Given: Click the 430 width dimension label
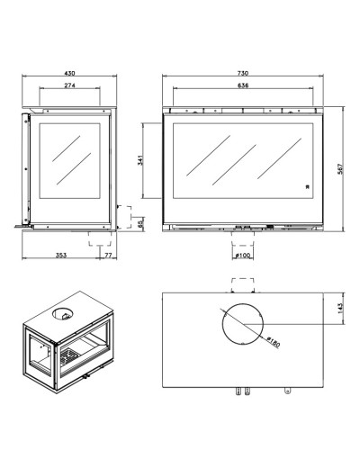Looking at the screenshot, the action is pos(69,73).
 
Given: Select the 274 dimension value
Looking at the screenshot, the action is pos(69,85).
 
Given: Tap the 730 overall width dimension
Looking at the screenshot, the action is pos(243,73).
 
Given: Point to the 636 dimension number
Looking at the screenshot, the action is pos(243,85).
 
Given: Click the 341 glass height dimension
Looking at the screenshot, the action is pos(140,160).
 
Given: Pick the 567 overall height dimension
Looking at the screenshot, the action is pos(340,169).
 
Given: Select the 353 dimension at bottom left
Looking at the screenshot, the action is pos(61,256).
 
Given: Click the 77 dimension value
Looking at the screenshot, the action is pos(108,256).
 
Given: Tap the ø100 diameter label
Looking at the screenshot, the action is pos(243,256).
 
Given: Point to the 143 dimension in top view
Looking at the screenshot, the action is pos(340,309).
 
